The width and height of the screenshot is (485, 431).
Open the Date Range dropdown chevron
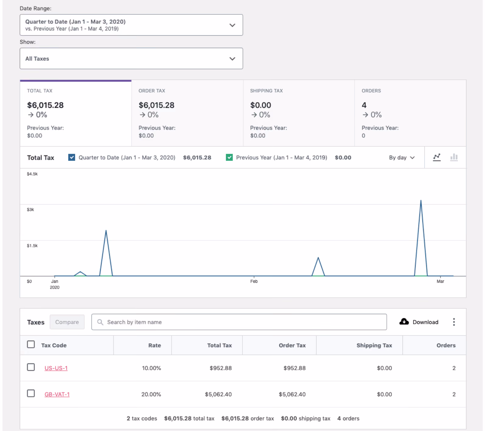click(x=232, y=25)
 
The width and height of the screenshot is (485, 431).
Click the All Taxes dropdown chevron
click(x=232, y=59)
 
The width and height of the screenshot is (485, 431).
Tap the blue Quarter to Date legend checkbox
click(x=72, y=157)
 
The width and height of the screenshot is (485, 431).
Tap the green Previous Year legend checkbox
click(x=229, y=157)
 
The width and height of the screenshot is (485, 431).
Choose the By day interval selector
click(x=402, y=158)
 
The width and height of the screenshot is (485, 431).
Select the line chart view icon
click(x=437, y=157)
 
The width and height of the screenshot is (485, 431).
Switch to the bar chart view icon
click(x=454, y=157)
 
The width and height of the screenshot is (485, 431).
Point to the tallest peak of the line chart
click(x=421, y=200)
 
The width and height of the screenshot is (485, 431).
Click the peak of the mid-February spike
click(x=318, y=258)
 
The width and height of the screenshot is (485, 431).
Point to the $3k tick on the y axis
click(x=30, y=209)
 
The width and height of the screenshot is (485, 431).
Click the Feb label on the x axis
click(x=254, y=281)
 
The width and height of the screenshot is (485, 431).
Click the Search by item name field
click(x=239, y=322)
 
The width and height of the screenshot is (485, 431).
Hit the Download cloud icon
click(x=404, y=322)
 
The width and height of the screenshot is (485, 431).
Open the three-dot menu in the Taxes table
click(x=454, y=322)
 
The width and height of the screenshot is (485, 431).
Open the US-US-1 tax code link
click(x=56, y=368)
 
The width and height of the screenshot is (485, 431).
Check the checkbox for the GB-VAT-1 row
click(x=31, y=393)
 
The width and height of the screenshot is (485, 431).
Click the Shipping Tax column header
click(x=374, y=345)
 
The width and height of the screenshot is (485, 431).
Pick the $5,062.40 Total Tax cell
click(x=218, y=394)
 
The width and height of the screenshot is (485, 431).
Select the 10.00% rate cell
click(x=152, y=368)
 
